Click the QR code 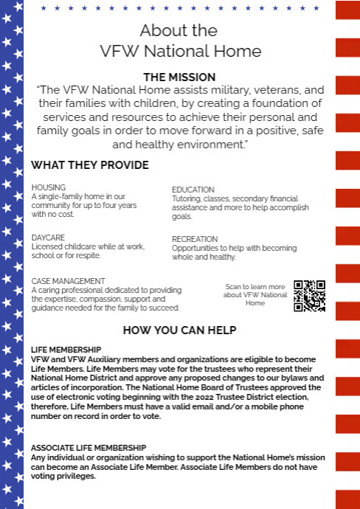point(309,295)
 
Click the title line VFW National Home point(180,52)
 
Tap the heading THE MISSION point(180,77)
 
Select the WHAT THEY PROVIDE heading point(90,165)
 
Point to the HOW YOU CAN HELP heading point(179,329)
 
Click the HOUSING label point(49,187)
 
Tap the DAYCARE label point(48,238)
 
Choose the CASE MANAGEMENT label point(69,281)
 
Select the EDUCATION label point(193,190)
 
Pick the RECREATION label point(195,239)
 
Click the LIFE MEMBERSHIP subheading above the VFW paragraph point(66,349)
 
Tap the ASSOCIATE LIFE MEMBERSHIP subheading point(89,448)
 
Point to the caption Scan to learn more point(255,287)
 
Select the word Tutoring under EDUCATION point(186,199)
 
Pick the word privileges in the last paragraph point(74,476)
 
